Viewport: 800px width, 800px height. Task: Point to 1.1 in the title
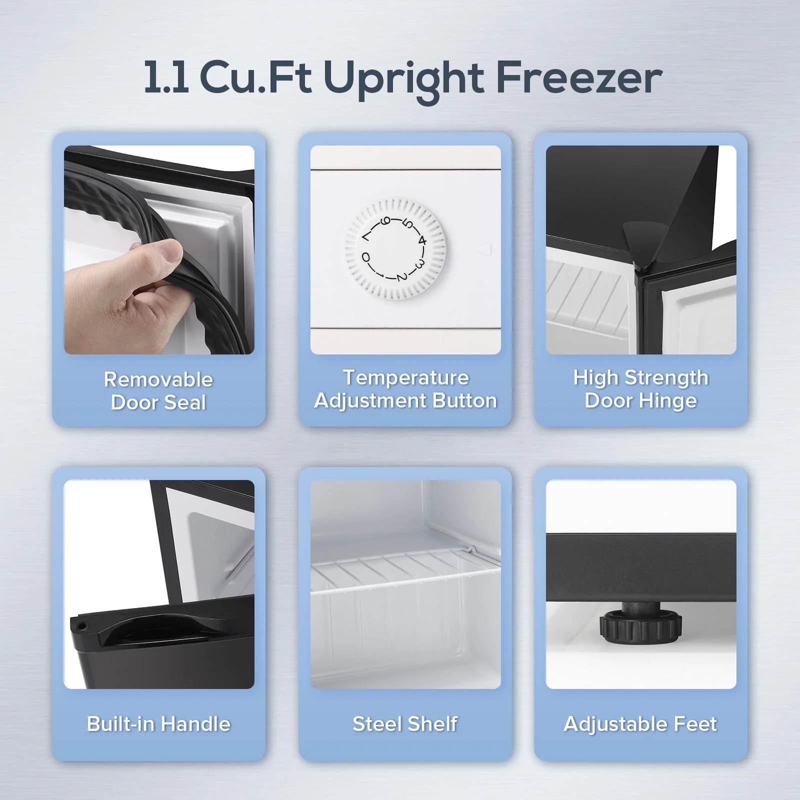click(166, 77)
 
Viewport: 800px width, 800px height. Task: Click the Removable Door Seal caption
click(158, 391)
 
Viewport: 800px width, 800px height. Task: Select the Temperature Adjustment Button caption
click(405, 389)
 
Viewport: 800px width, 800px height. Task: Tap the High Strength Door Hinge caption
click(640, 389)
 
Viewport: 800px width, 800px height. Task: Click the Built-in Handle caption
click(158, 724)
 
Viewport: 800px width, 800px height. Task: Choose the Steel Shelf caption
click(405, 724)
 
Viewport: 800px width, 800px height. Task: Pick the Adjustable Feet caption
click(640, 724)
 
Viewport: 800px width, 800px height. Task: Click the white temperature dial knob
click(395, 248)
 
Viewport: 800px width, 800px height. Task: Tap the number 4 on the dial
click(422, 240)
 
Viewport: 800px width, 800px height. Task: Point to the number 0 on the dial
click(366, 257)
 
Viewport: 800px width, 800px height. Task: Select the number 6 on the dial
click(385, 221)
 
